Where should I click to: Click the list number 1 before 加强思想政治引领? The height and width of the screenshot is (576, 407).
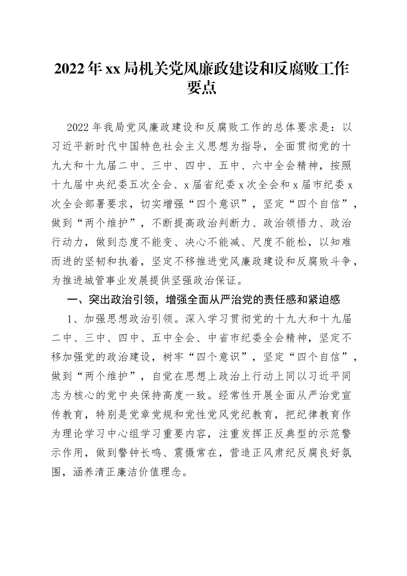tap(72, 319)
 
